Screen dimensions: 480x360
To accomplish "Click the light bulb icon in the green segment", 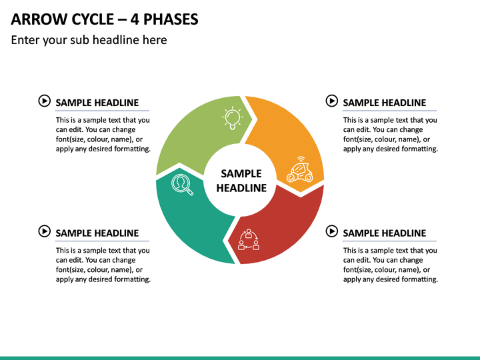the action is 233,118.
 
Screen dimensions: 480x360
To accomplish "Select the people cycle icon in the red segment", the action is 249,239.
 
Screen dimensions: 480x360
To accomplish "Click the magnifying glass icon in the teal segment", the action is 182,185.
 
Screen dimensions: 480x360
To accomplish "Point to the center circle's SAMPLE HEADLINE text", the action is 241,181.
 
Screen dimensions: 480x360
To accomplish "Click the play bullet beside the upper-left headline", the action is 45,101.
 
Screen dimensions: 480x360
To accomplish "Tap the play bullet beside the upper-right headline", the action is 332,101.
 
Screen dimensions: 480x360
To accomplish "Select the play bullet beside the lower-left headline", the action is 45,231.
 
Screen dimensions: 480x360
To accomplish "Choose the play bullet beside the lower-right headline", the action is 332,231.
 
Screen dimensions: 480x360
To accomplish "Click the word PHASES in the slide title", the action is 171,19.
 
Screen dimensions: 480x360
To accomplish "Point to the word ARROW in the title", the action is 39,19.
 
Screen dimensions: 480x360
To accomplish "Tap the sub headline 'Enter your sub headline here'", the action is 89,40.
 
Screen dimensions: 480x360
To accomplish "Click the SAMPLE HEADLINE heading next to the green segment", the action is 97,103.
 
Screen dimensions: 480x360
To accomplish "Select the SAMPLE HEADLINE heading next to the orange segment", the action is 385,103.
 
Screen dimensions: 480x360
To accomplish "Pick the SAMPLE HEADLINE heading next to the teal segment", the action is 97,233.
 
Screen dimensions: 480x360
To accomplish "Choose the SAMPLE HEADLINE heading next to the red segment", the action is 385,233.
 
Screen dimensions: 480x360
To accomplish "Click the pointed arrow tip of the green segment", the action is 252,119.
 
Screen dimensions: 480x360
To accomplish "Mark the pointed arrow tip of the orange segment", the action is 301,192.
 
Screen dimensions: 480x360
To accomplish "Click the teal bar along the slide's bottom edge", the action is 240,358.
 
